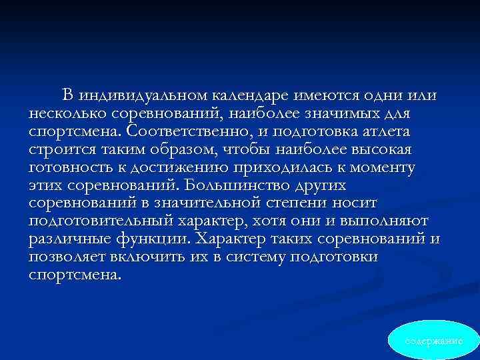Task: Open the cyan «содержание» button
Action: click(434, 341)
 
